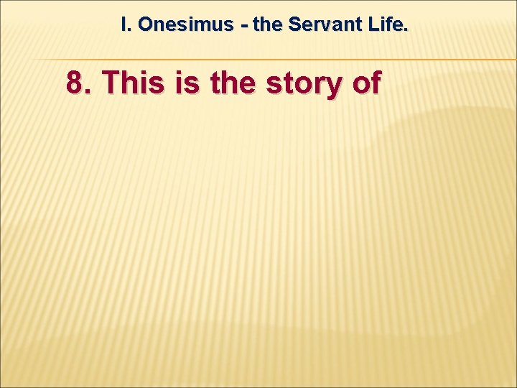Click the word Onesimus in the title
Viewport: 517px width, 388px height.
[186, 24]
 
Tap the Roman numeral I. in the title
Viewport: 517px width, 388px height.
[126, 24]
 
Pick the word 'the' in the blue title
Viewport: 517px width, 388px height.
[269, 24]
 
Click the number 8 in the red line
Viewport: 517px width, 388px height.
[75, 83]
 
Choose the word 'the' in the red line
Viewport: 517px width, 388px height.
[234, 83]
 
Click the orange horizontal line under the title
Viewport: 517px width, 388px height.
[287, 59]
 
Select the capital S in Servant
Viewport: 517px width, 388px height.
[294, 24]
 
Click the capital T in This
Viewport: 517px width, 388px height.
[111, 83]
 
